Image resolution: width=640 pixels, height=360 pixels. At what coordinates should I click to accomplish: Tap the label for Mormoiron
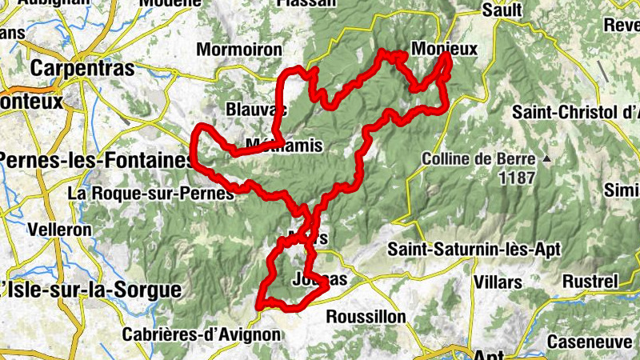(239, 50)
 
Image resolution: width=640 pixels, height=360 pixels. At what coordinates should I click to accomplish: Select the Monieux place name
(444, 49)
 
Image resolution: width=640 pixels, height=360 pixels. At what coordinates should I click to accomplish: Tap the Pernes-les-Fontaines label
(96, 160)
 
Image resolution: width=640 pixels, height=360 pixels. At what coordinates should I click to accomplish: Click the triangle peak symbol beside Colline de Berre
(547, 159)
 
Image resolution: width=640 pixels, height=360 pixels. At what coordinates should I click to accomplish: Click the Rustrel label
(590, 282)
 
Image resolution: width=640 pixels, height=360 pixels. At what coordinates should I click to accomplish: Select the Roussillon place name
(366, 317)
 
